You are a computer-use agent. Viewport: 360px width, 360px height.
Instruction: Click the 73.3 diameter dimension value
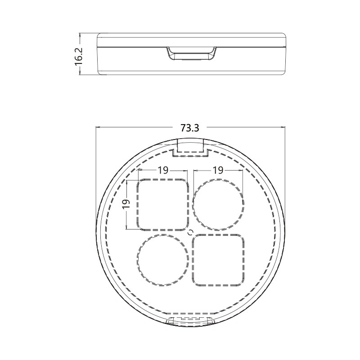tap(190, 128)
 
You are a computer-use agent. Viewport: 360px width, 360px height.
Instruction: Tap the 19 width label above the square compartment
tap(162, 170)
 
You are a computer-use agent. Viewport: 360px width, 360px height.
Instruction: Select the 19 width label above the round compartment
tap(218, 170)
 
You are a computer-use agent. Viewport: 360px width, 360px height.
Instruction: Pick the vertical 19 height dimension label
tap(126, 204)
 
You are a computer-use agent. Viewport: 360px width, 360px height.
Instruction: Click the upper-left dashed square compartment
tap(162, 204)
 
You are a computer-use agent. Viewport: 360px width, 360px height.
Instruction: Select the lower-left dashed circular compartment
tap(162, 260)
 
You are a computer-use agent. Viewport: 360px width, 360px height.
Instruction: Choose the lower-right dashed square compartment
tap(219, 260)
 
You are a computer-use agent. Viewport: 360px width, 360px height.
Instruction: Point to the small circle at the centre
tap(190, 232)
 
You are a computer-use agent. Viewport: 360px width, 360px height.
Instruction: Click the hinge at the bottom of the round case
tap(191, 320)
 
